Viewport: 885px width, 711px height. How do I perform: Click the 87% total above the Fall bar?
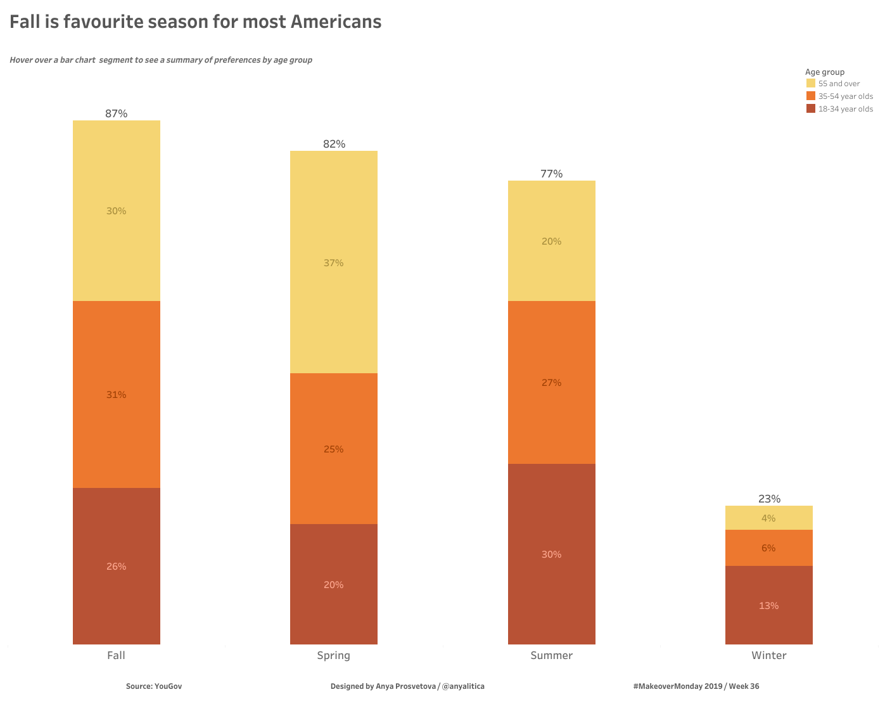pyautogui.click(x=117, y=113)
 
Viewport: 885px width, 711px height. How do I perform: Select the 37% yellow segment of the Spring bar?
pyautogui.click(x=334, y=262)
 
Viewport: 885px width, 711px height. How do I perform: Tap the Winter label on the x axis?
pyautogui.click(x=768, y=655)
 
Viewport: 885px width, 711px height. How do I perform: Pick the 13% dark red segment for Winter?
pyautogui.click(x=768, y=605)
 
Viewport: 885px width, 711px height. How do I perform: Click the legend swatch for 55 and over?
pyautogui.click(x=811, y=83)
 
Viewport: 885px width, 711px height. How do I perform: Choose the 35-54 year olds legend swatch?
pyautogui.click(x=811, y=96)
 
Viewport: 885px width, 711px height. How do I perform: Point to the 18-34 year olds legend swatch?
pyautogui.click(x=811, y=108)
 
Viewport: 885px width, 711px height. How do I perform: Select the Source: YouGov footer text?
pyautogui.click(x=154, y=686)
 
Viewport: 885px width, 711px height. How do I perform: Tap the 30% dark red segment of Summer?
pyautogui.click(x=551, y=554)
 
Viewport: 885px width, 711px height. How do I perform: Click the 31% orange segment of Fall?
pyautogui.click(x=117, y=394)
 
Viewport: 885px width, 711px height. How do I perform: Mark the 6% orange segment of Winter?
pyautogui.click(x=768, y=548)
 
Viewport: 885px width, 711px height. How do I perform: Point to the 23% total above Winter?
pyautogui.click(x=769, y=499)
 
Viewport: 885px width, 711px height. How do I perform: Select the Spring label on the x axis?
pyautogui.click(x=334, y=655)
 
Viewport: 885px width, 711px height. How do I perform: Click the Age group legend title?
pyautogui.click(x=825, y=72)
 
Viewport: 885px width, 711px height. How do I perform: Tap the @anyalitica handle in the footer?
pyautogui.click(x=463, y=686)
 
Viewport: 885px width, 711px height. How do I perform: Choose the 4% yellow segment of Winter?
pyautogui.click(x=768, y=518)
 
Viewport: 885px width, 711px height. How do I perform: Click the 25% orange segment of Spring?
pyautogui.click(x=334, y=449)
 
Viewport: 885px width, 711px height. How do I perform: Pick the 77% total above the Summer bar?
pyautogui.click(x=551, y=174)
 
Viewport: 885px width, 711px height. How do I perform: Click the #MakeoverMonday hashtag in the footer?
pyautogui.click(x=667, y=686)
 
